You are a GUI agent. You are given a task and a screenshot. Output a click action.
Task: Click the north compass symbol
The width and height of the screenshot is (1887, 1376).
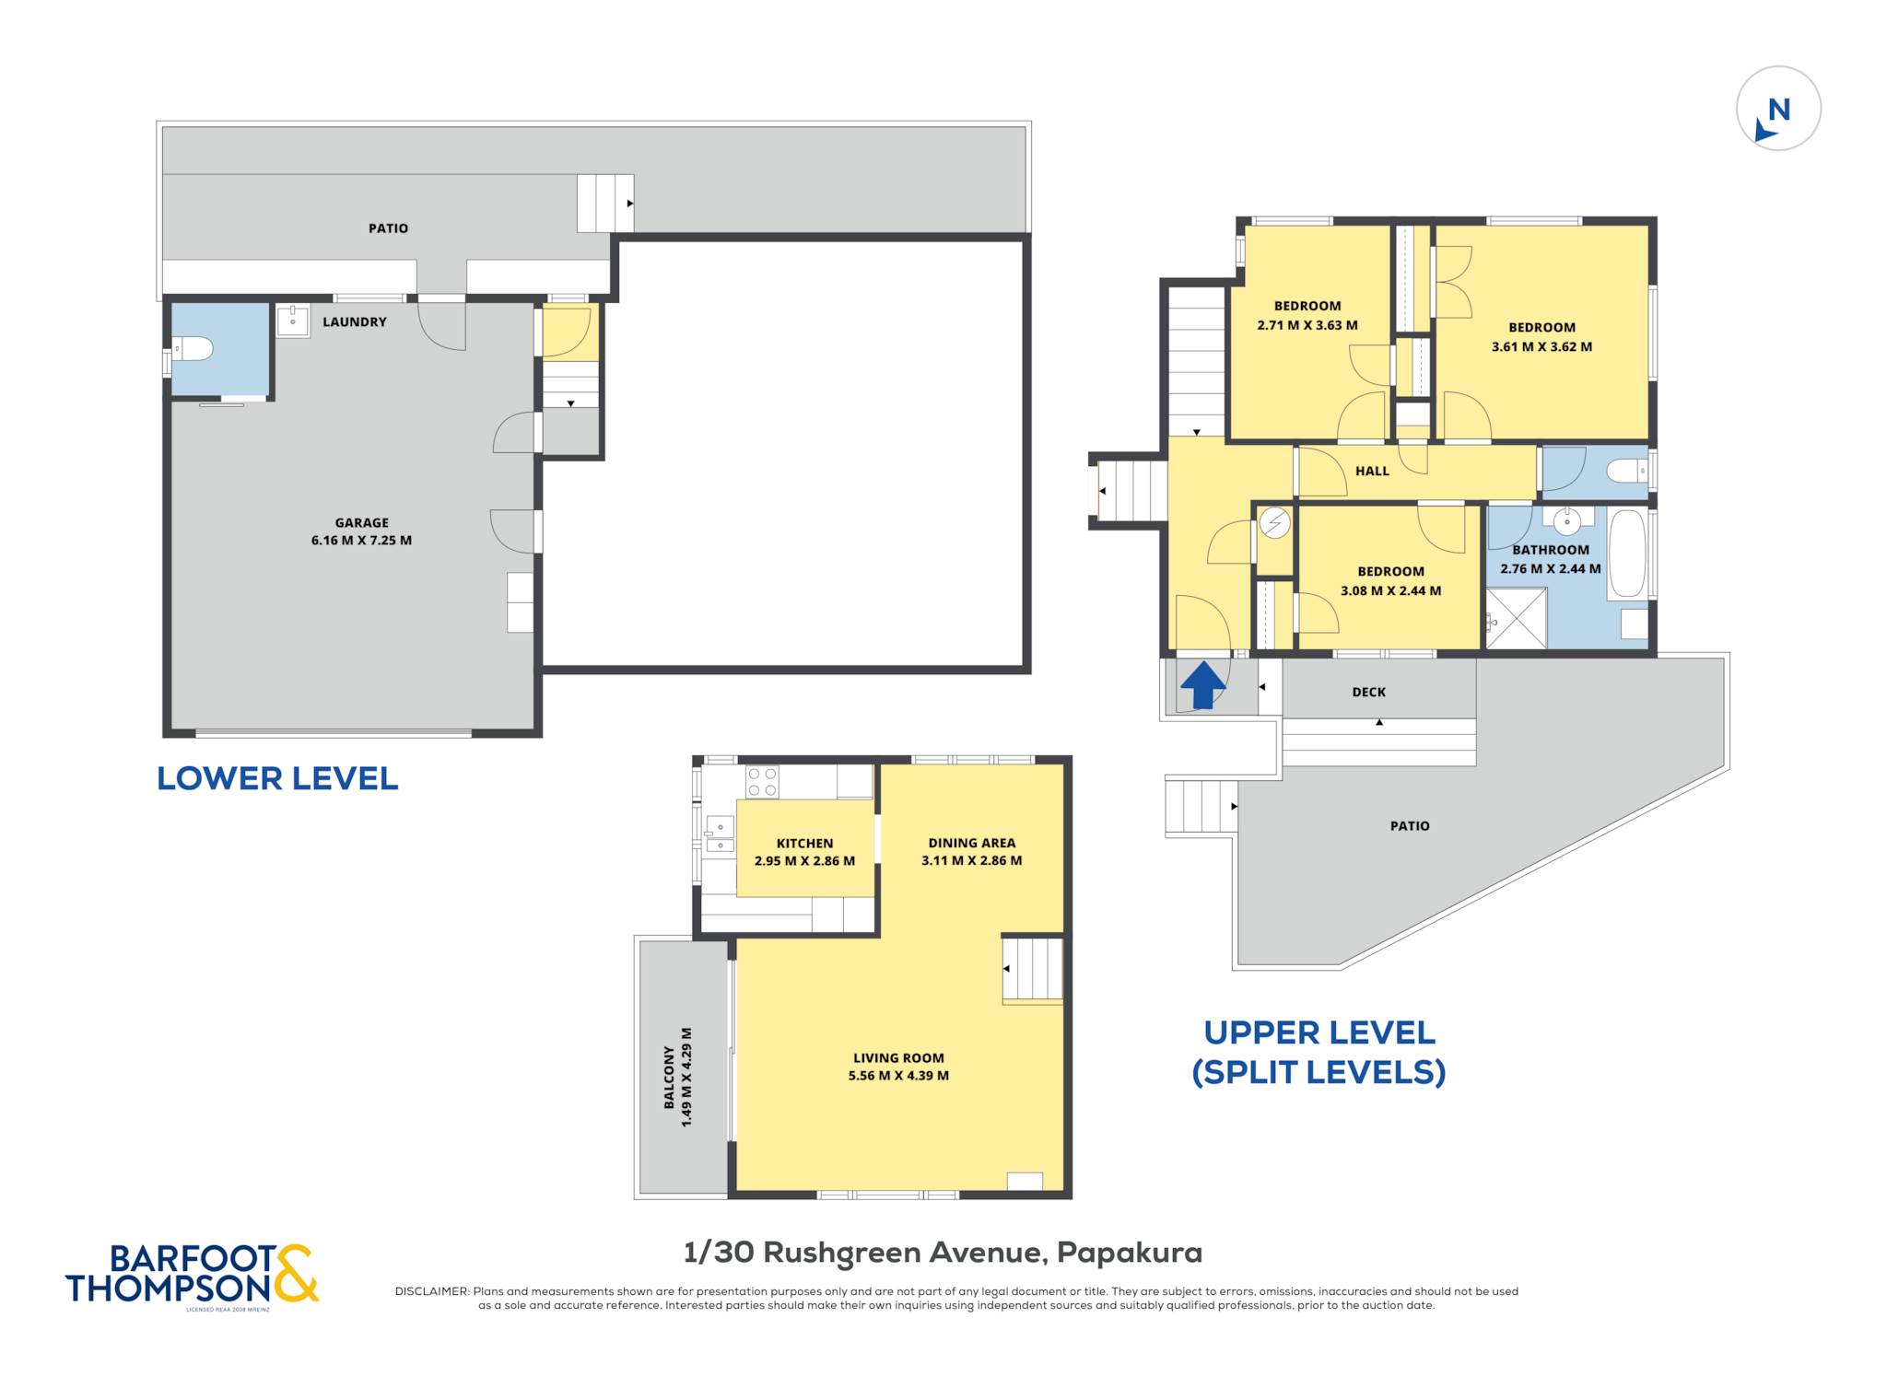coord(1778,108)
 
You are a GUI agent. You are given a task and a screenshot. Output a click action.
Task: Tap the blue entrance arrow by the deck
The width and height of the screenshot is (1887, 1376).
coord(1202,686)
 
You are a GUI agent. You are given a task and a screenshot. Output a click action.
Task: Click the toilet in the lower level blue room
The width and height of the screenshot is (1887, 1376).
coord(193,349)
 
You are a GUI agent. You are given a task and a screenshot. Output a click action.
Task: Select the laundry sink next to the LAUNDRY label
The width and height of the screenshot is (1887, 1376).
coord(293,321)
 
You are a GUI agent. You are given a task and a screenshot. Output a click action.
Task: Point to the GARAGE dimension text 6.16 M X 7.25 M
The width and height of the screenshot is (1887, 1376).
coord(361,541)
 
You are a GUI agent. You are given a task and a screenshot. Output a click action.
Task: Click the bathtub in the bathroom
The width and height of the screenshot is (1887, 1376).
coord(1627,554)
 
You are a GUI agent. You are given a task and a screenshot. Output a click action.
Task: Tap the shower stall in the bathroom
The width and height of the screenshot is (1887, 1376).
coord(1517,618)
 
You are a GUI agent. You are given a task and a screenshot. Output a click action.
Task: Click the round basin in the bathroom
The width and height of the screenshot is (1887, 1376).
coord(1567,521)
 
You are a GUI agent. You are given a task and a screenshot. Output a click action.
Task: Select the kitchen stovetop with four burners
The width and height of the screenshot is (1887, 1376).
coord(762,782)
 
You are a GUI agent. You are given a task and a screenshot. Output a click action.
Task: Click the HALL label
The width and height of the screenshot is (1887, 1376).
coord(1372,471)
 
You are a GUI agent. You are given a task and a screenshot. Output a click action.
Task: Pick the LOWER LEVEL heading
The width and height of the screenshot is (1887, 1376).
coord(277,779)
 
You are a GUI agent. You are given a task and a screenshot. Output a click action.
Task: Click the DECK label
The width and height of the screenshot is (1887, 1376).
coord(1369,692)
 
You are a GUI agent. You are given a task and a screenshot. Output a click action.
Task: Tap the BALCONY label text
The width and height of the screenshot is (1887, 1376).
coord(670,1077)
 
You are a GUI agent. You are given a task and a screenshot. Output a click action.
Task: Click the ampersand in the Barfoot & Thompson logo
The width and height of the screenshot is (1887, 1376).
coord(296,1273)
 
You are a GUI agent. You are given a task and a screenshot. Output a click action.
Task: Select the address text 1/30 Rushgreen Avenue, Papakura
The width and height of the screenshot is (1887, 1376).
coord(943,1253)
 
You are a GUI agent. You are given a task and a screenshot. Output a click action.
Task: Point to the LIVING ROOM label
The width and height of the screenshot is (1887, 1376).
coord(898,1058)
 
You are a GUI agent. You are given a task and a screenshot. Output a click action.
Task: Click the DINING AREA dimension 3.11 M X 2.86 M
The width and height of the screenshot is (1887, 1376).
coord(972,861)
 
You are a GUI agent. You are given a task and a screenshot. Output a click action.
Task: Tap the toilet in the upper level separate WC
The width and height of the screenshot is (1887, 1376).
coord(1627,472)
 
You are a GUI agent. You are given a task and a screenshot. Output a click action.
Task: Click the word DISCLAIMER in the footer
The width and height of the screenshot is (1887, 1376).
coord(432,1291)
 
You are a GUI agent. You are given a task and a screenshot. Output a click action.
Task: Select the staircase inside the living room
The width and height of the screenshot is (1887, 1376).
coord(1033,970)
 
